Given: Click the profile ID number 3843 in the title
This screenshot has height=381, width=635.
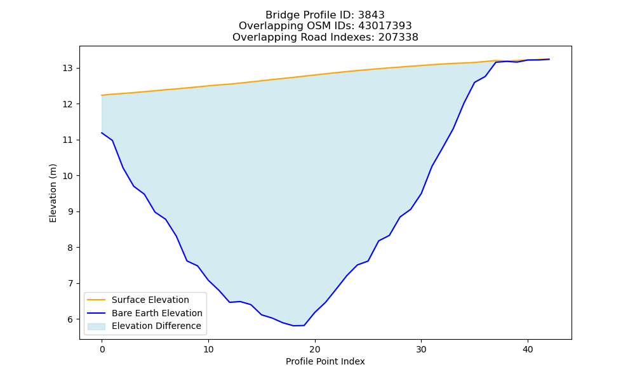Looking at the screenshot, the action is (x=371, y=15).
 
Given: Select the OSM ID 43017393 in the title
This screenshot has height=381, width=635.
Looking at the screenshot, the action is (x=385, y=26).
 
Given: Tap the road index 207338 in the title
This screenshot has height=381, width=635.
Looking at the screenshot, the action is (x=398, y=37).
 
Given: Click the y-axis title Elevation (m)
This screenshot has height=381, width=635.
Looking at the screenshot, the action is (x=53, y=193).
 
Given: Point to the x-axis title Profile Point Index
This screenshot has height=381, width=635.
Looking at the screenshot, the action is (x=325, y=361).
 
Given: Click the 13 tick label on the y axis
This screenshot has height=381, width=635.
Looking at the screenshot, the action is (x=67, y=69).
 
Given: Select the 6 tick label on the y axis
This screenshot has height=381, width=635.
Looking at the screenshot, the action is (x=70, y=319).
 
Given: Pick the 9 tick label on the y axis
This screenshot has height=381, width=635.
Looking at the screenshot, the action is (x=70, y=211).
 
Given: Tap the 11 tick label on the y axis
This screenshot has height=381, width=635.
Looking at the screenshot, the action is (x=67, y=140).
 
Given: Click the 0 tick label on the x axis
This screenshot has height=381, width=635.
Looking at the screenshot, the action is (x=102, y=349).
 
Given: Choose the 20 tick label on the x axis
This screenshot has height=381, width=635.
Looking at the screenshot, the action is (x=315, y=349).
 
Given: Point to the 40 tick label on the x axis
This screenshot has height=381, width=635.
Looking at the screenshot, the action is (x=528, y=349).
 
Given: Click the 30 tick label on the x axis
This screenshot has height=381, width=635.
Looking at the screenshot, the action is (x=421, y=349).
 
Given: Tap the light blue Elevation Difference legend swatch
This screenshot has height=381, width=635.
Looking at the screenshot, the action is (x=97, y=326).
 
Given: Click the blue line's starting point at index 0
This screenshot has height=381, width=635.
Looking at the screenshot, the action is (x=102, y=133).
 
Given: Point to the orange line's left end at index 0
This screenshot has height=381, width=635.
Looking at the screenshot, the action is (x=102, y=95).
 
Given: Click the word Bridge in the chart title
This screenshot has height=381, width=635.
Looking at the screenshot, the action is (x=279, y=15).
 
